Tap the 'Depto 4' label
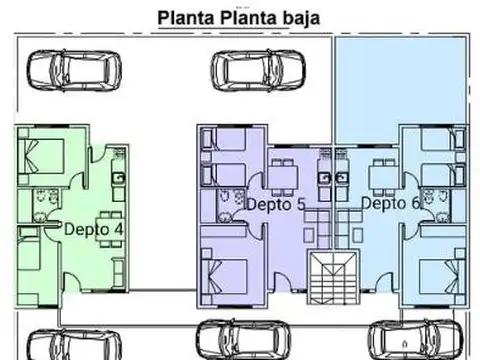coord(95,227)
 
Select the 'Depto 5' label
coord(275,204)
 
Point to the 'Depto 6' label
coord(391,203)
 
